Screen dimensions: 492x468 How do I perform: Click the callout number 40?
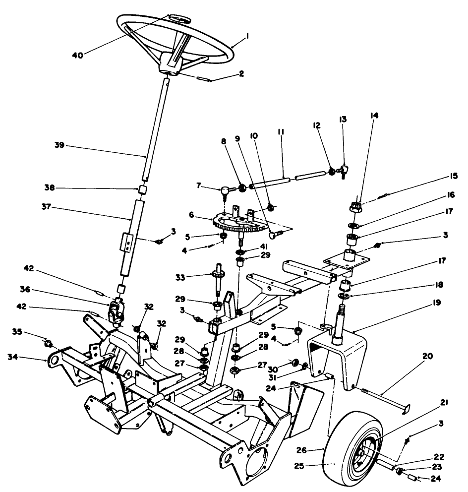coord(77,55)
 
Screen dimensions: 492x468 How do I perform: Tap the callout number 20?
coord(427,356)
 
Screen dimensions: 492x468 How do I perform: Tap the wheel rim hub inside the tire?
coord(365,450)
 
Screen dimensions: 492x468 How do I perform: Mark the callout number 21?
coord(444,403)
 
